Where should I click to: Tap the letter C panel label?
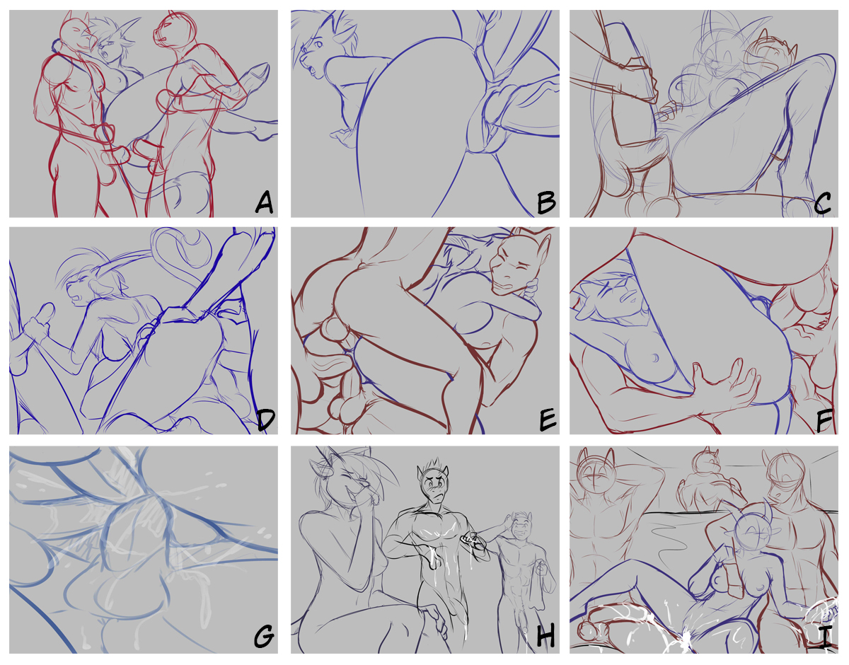click(x=822, y=203)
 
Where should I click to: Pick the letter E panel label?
click(x=547, y=420)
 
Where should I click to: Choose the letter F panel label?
click(x=824, y=420)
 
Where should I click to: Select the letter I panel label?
click(x=824, y=637)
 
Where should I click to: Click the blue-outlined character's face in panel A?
click(x=111, y=44)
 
